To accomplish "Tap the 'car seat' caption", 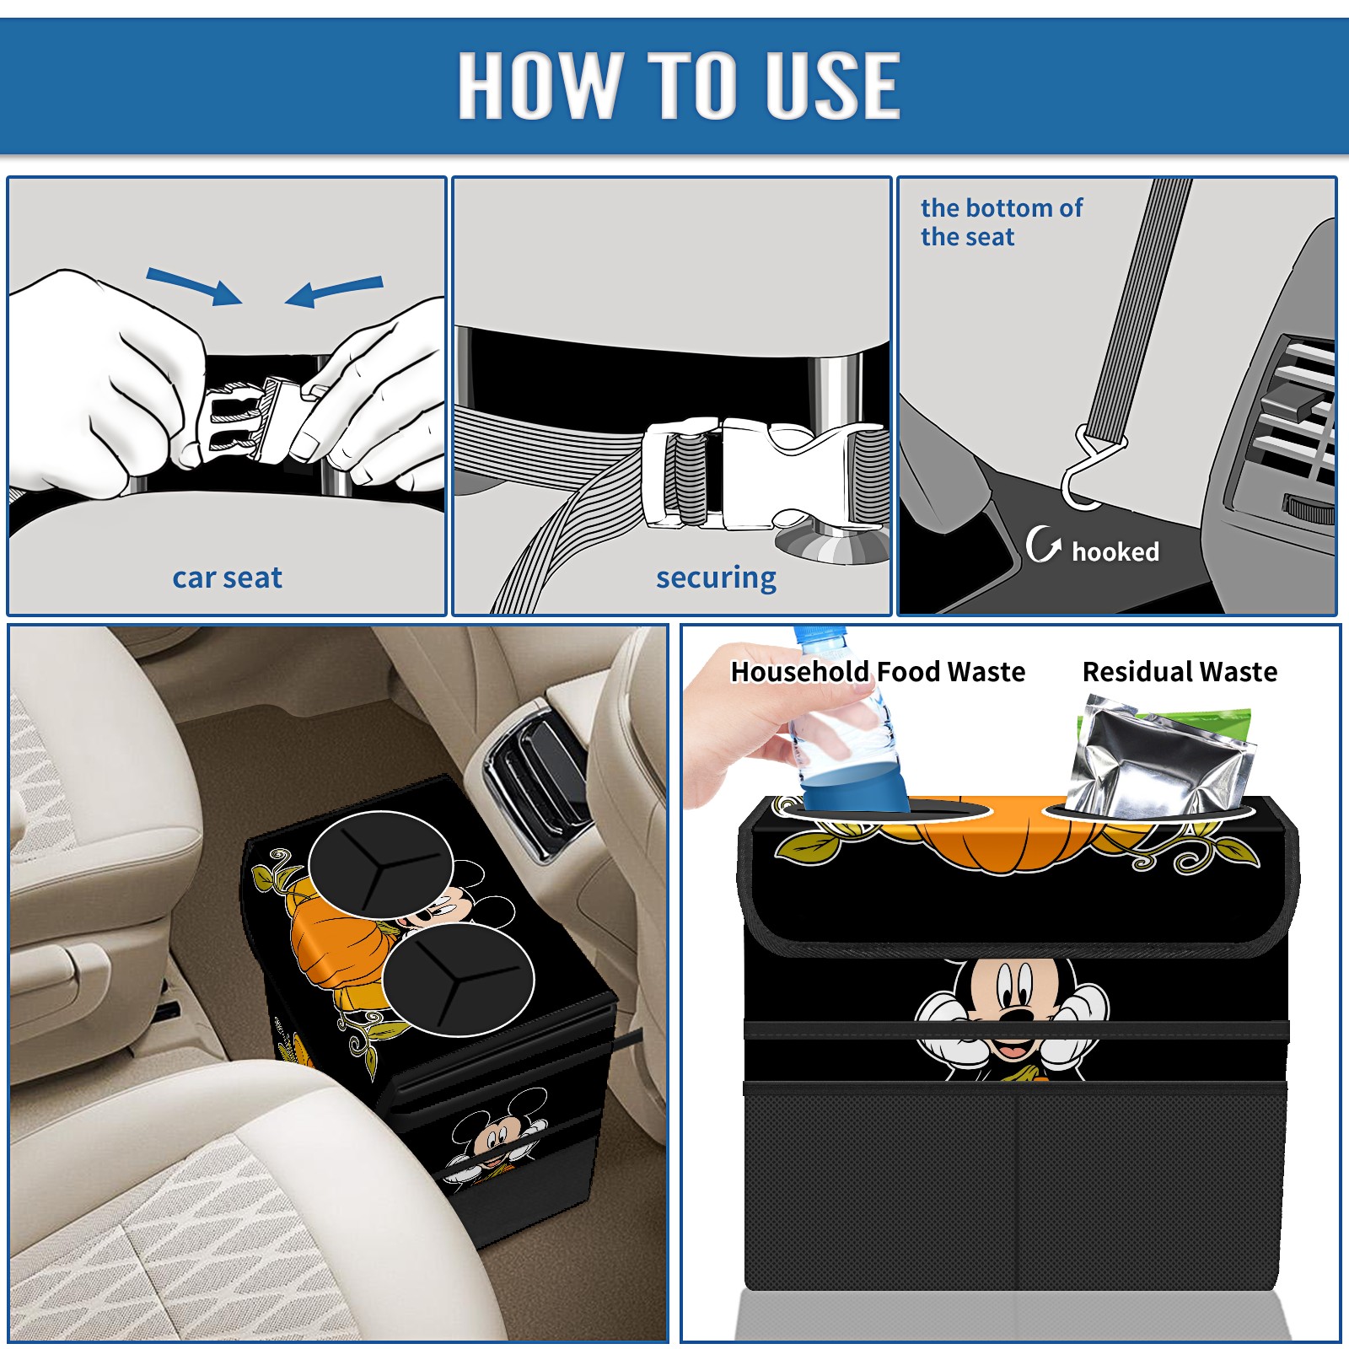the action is (227, 578).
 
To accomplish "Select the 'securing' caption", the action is (716, 578).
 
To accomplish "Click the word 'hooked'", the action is (1115, 551).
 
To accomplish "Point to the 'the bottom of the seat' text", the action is (1001, 223).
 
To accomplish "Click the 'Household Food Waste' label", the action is (878, 671).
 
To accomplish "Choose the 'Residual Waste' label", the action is (1180, 671).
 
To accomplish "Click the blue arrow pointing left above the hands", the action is (334, 292).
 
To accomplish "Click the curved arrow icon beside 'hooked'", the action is (1042, 544).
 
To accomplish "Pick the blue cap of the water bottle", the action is (820, 634).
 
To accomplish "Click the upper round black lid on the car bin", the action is (381, 863).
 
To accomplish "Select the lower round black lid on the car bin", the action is (458, 979).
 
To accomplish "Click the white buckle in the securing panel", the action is (763, 473).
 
